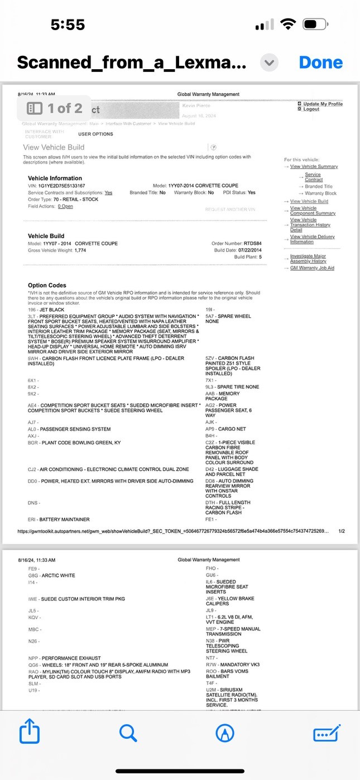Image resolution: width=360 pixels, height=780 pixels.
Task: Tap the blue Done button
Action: click(x=320, y=62)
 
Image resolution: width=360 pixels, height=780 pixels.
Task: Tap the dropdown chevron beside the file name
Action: click(x=270, y=62)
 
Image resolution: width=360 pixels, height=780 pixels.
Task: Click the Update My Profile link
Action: click(x=323, y=104)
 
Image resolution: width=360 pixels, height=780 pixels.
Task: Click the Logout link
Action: click(x=311, y=109)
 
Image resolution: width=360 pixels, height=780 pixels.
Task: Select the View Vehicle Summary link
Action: click(x=314, y=167)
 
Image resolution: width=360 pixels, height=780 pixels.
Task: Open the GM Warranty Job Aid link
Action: click(x=312, y=268)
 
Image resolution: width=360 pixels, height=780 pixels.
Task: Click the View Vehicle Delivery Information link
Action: click(x=312, y=239)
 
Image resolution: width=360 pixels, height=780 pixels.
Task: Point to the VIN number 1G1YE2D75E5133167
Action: click(x=61, y=186)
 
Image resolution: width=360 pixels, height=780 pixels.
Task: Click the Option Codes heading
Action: click(x=47, y=286)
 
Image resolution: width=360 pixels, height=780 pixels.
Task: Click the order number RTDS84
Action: click(x=252, y=244)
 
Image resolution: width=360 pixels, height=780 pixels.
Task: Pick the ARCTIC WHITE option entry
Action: click(x=51, y=575)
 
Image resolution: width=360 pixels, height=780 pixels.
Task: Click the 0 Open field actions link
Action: click(x=65, y=206)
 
